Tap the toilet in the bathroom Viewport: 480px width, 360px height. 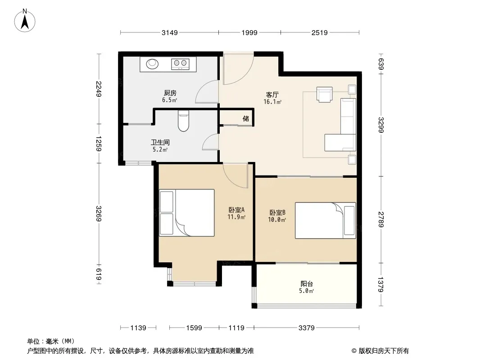click(183, 121)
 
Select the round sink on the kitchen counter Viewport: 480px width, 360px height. click(152, 64)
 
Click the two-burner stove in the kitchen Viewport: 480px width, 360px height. click(180, 63)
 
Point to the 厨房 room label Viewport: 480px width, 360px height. click(170, 93)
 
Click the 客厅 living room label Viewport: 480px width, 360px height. click(272, 95)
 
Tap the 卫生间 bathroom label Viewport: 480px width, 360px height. click(160, 142)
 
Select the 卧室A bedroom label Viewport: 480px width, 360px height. click(236, 210)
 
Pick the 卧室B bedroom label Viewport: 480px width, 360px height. click(277, 212)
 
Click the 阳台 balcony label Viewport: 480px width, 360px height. click(307, 283)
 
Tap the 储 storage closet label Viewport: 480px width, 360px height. click(246, 118)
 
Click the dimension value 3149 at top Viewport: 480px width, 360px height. click(170, 32)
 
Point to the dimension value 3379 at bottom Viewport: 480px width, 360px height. click(307, 328)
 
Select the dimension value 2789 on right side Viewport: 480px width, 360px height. click(381, 219)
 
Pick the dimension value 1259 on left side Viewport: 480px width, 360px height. click(98, 144)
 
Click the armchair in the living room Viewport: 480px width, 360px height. click(325, 94)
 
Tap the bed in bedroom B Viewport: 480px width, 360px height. click(326, 220)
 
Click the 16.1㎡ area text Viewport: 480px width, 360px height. click(272, 102)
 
